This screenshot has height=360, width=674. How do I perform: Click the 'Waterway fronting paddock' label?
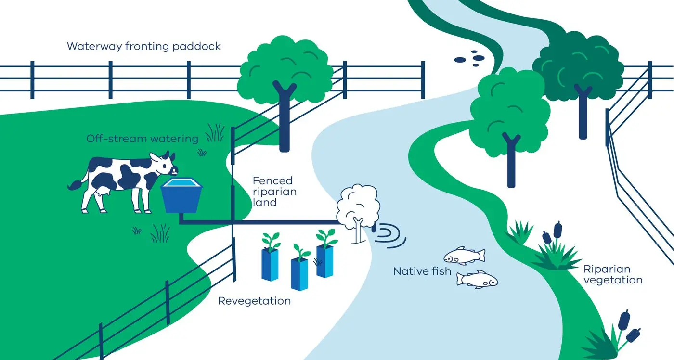click(143, 46)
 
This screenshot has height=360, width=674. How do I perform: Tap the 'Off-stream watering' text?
click(142, 139)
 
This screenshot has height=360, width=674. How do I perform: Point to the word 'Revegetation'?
click(254, 301)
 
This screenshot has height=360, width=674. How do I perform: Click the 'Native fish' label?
click(422, 271)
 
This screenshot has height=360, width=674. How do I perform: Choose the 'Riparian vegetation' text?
click(612, 274)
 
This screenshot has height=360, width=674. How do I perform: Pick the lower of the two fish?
click(477, 279)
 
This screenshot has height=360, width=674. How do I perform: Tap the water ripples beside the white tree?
click(390, 233)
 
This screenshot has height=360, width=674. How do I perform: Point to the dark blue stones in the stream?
click(470, 58)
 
